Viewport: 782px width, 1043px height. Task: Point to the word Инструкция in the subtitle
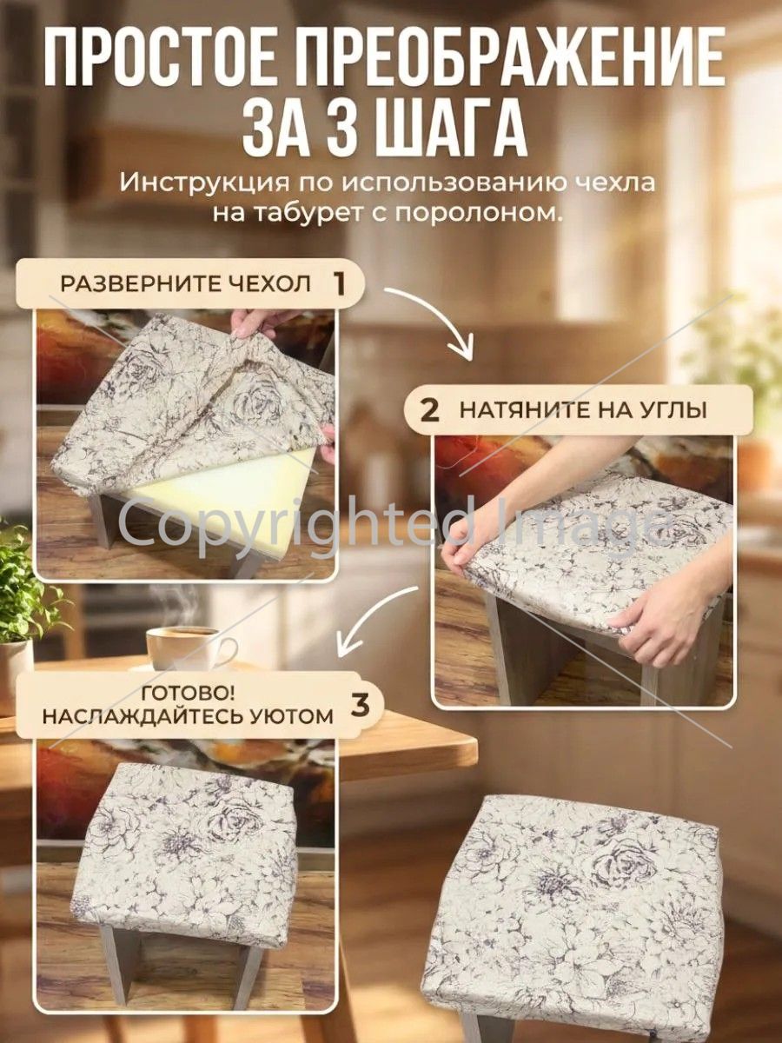[205, 184]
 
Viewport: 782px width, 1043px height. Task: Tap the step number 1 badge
[339, 284]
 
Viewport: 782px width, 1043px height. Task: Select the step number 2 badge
[430, 410]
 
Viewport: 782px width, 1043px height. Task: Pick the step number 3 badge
[360, 704]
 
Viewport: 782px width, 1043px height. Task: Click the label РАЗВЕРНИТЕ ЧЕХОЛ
[185, 284]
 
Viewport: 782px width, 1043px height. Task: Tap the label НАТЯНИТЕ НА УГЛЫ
[583, 410]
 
